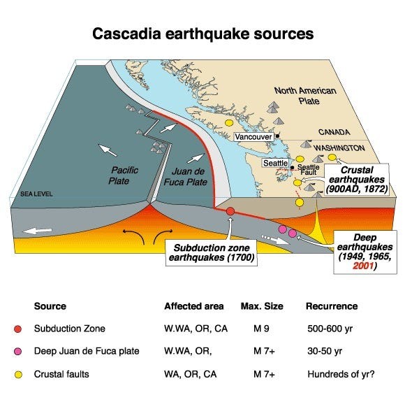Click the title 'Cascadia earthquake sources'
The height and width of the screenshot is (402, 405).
pyautogui.click(x=203, y=33)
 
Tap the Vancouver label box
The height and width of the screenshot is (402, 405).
pyautogui.click(x=253, y=136)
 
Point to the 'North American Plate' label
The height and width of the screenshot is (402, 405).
pyautogui.click(x=305, y=96)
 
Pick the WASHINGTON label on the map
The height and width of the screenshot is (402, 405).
pyautogui.click(x=339, y=148)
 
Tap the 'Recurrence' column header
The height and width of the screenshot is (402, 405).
pyautogui.click(x=331, y=306)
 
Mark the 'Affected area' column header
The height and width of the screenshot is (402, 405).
pyautogui.click(x=194, y=306)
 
